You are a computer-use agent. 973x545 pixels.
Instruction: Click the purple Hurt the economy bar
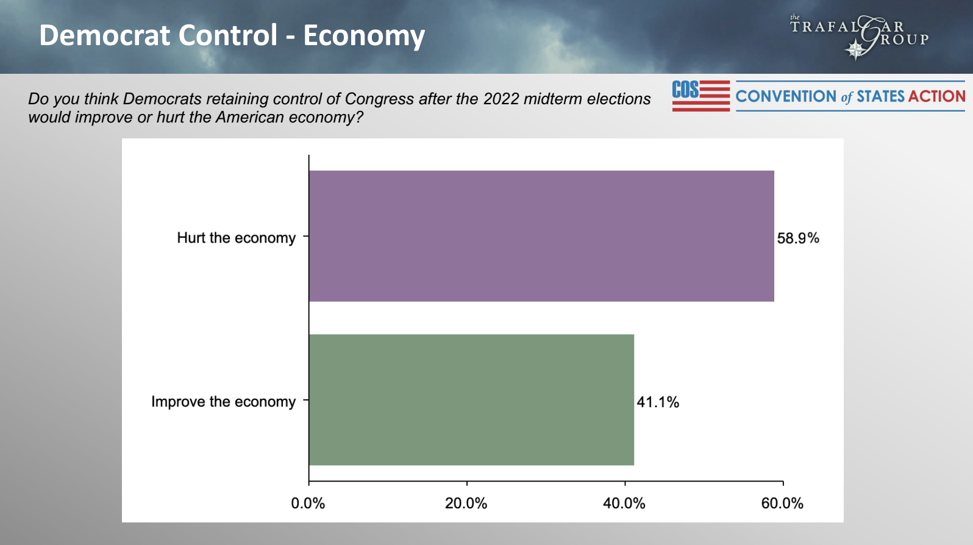tap(541, 236)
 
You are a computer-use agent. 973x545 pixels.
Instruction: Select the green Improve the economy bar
tap(471, 400)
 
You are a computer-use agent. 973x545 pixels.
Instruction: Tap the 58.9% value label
tap(797, 238)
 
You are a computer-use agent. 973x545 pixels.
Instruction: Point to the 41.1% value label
tap(657, 402)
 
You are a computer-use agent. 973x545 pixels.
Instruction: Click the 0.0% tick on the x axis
tap(308, 504)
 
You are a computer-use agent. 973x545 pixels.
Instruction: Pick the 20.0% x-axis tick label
tap(466, 504)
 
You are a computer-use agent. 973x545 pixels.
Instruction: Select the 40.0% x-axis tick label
tap(624, 504)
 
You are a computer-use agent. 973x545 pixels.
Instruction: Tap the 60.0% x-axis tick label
tap(782, 504)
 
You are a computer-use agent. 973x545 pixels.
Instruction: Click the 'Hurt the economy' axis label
tap(236, 238)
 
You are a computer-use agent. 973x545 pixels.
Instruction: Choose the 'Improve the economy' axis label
tap(223, 402)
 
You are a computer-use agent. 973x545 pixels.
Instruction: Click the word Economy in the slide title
tap(364, 36)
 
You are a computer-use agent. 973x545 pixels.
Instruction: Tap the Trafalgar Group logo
tap(860, 37)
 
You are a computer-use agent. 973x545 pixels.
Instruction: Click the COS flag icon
tap(700, 96)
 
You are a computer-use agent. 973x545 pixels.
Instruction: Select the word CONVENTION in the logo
tap(785, 96)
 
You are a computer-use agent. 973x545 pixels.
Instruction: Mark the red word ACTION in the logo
tap(936, 96)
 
